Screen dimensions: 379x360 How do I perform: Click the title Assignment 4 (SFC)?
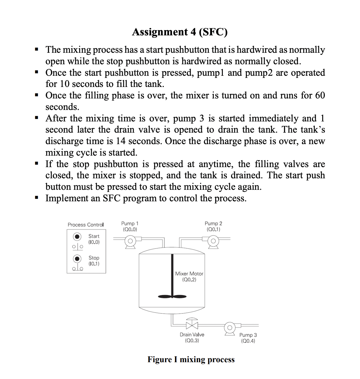(180, 32)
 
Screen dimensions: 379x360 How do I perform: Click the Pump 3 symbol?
(230, 328)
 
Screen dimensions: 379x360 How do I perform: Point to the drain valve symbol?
(192, 325)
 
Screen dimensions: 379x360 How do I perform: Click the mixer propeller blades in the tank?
(172, 296)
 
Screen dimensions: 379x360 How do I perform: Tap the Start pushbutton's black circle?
(77, 236)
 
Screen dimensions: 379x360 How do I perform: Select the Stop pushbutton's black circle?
(77, 259)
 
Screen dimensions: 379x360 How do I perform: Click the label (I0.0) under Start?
(94, 242)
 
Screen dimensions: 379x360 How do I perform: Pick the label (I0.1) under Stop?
(94, 264)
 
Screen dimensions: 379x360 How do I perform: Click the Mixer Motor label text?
(189, 274)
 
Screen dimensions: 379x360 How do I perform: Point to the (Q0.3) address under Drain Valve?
(192, 341)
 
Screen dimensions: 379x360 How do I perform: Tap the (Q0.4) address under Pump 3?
(248, 341)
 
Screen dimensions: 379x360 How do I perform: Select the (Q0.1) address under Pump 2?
(213, 229)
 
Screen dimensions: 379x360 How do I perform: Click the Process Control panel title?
(86, 225)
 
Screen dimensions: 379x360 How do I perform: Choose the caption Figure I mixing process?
(191, 360)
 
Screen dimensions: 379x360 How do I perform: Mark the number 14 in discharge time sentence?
(120, 141)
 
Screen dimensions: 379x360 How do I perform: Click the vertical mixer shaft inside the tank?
(172, 274)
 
